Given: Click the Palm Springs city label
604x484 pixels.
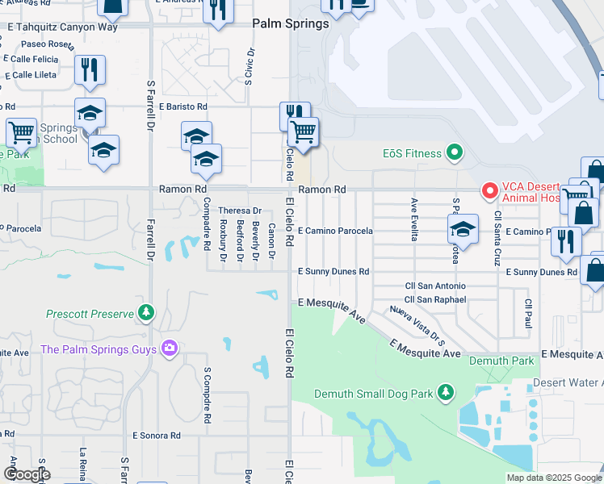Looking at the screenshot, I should click(x=291, y=24).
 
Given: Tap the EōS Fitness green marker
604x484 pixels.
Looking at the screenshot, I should click(x=455, y=152).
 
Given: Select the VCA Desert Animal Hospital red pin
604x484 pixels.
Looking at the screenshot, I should click(x=489, y=191).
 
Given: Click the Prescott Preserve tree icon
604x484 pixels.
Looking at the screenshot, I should click(x=145, y=311).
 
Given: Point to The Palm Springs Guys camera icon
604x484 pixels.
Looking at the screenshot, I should click(x=169, y=348).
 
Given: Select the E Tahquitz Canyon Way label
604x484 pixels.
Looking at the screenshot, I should click(x=62, y=27).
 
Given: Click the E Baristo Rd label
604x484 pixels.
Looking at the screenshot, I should click(x=183, y=106).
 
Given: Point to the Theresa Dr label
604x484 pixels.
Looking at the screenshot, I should click(x=241, y=211).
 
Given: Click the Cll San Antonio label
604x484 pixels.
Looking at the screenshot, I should click(x=435, y=286).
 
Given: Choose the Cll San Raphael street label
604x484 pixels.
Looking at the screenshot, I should click(x=435, y=299).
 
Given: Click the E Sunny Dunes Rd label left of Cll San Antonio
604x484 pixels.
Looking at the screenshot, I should click(x=333, y=272).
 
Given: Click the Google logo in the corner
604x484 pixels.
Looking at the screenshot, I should click(x=27, y=474).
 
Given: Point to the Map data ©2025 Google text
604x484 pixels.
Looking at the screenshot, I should click(x=554, y=478).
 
